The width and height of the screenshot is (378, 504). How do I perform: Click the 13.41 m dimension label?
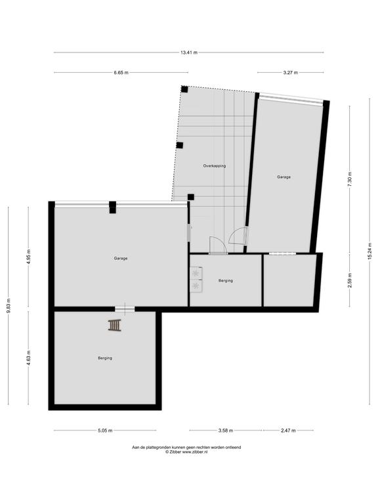(x=189, y=52)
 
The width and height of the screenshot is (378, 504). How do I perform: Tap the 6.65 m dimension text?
(x=121, y=73)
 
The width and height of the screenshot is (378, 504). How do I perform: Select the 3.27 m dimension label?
(x=290, y=73)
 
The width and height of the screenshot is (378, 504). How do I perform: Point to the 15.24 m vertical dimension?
(x=369, y=252)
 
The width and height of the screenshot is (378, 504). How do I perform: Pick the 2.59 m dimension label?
(x=350, y=280)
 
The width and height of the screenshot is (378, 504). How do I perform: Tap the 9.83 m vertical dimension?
(x=9, y=305)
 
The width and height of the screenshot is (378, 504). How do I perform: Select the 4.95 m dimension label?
(x=28, y=257)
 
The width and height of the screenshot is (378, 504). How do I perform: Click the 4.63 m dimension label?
(x=28, y=358)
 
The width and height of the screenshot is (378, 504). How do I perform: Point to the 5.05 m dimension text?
(x=105, y=430)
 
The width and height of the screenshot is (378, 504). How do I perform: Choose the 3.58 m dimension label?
(x=226, y=430)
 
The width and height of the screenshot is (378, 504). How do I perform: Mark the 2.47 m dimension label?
(x=288, y=430)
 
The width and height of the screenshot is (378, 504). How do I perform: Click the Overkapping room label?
(x=215, y=166)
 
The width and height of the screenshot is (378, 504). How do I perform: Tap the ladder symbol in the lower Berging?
(x=114, y=325)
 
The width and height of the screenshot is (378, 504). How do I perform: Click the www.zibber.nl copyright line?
(x=186, y=451)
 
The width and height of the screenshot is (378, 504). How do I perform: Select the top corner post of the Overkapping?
(x=184, y=89)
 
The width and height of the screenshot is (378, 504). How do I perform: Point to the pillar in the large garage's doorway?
(x=112, y=207)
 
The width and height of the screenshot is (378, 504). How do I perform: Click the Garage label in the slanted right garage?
(x=283, y=177)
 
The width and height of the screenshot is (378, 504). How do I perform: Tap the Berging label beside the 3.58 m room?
(x=226, y=281)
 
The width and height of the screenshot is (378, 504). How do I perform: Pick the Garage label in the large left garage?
(x=121, y=258)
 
